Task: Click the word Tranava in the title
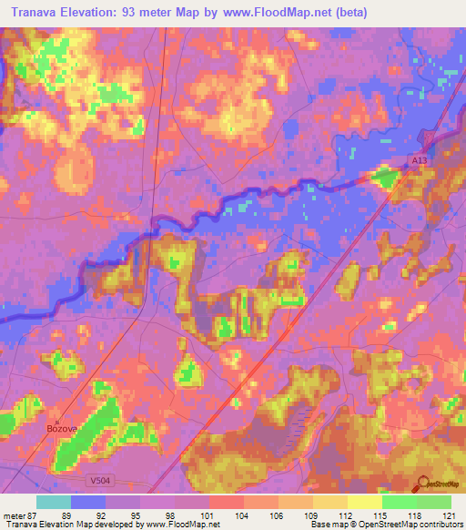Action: [39, 12]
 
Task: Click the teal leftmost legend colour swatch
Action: [53, 502]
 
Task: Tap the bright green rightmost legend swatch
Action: [434, 502]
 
